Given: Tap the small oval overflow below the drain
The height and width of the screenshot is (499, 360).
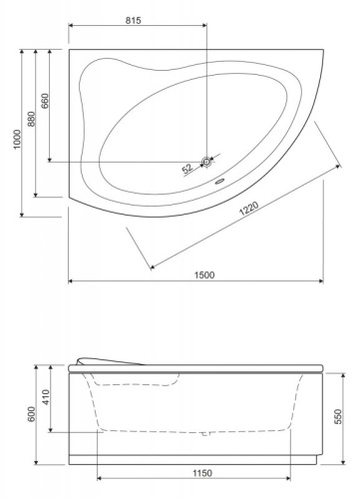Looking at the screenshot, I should pyautogui.click(x=219, y=182).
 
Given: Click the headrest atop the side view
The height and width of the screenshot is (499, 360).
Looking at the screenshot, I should pyautogui.click(x=107, y=360).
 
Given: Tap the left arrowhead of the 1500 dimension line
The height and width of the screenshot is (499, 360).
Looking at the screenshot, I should pyautogui.click(x=71, y=280).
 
